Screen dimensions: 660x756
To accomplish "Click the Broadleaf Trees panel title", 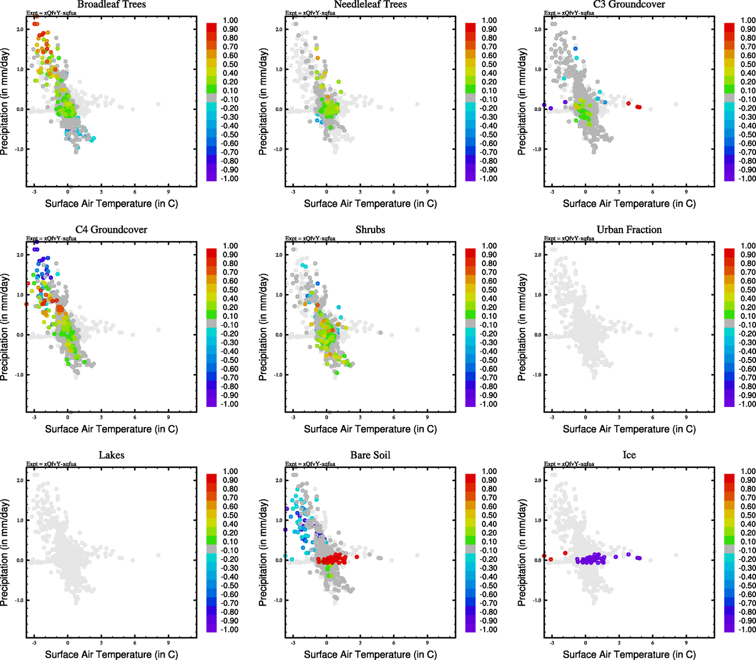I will point(111,4).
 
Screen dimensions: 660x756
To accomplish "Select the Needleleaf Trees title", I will point(370,4).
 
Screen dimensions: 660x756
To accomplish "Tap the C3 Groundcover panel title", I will point(629,4).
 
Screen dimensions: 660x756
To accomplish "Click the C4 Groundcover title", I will point(111,230).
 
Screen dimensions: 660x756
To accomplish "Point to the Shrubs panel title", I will point(370,230).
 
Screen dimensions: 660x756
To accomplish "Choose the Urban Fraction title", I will point(629,230).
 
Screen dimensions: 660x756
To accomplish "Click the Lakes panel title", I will point(111,455).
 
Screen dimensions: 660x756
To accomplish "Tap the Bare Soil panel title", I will point(370,455).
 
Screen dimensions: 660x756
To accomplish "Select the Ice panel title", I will point(629,455).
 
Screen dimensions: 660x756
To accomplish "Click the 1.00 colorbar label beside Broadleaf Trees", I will point(230,20).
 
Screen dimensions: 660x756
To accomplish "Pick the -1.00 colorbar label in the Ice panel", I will point(747,630).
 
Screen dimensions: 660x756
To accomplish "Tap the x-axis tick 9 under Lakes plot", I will point(168,642).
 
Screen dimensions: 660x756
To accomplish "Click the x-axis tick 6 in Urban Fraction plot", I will point(652,417).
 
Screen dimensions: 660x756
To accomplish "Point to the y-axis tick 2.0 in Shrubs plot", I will point(279,255).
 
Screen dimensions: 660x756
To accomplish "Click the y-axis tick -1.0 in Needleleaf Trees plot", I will point(278,149).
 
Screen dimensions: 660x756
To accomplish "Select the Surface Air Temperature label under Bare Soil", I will point(370,654).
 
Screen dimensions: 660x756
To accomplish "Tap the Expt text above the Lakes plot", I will point(51,464).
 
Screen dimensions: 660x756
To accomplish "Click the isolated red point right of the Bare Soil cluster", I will point(357,557).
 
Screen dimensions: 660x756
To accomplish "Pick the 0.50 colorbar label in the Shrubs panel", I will point(489,290).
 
